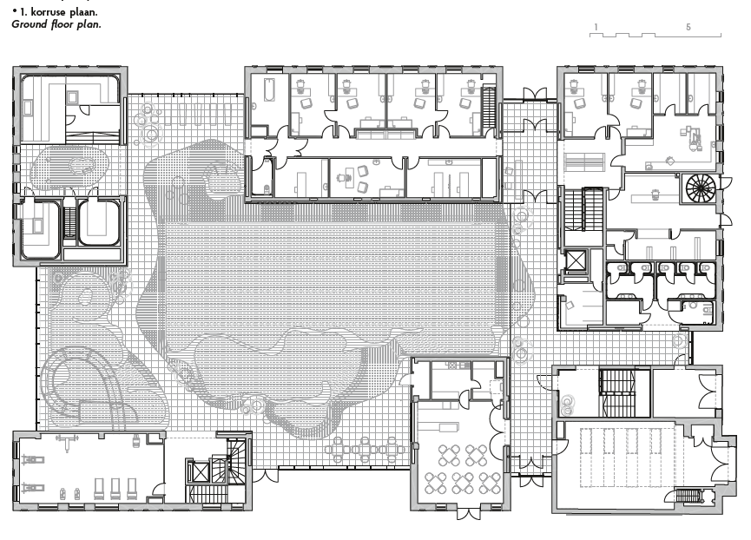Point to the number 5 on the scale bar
(x=688, y=27)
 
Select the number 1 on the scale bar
(x=596, y=27)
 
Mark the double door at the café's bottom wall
(x=467, y=514)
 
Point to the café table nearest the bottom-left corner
(x=435, y=483)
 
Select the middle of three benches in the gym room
(x=115, y=489)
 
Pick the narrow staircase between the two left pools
(x=70, y=222)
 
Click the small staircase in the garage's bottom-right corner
(x=688, y=496)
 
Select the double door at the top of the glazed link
(x=535, y=94)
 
